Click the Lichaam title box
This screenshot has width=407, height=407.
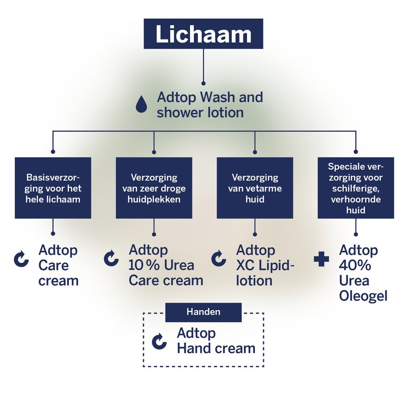203,34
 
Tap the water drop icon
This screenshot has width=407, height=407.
141,105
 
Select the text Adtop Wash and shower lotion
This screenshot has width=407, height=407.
210,105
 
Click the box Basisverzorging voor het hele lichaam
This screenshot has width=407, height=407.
53,188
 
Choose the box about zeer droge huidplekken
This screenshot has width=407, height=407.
154,188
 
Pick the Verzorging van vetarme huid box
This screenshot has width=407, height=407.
254,188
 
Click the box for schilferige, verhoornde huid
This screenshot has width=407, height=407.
356,188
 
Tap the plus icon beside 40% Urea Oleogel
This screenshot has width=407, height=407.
321,259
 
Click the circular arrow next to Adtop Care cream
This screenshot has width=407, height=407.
20,259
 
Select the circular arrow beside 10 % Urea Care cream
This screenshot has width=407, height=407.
111,258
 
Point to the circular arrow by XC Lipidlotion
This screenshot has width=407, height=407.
218,258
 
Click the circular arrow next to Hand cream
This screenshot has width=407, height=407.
160,341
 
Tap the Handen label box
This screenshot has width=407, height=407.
203,312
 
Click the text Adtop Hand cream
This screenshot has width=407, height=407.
216,341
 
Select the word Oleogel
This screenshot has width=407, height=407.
363,296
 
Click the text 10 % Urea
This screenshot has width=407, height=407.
161,266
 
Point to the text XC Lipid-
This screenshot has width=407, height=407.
265,266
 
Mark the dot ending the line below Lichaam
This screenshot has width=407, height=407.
203,84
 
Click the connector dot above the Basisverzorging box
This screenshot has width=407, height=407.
53,152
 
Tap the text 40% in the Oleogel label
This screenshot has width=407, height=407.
355,266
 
